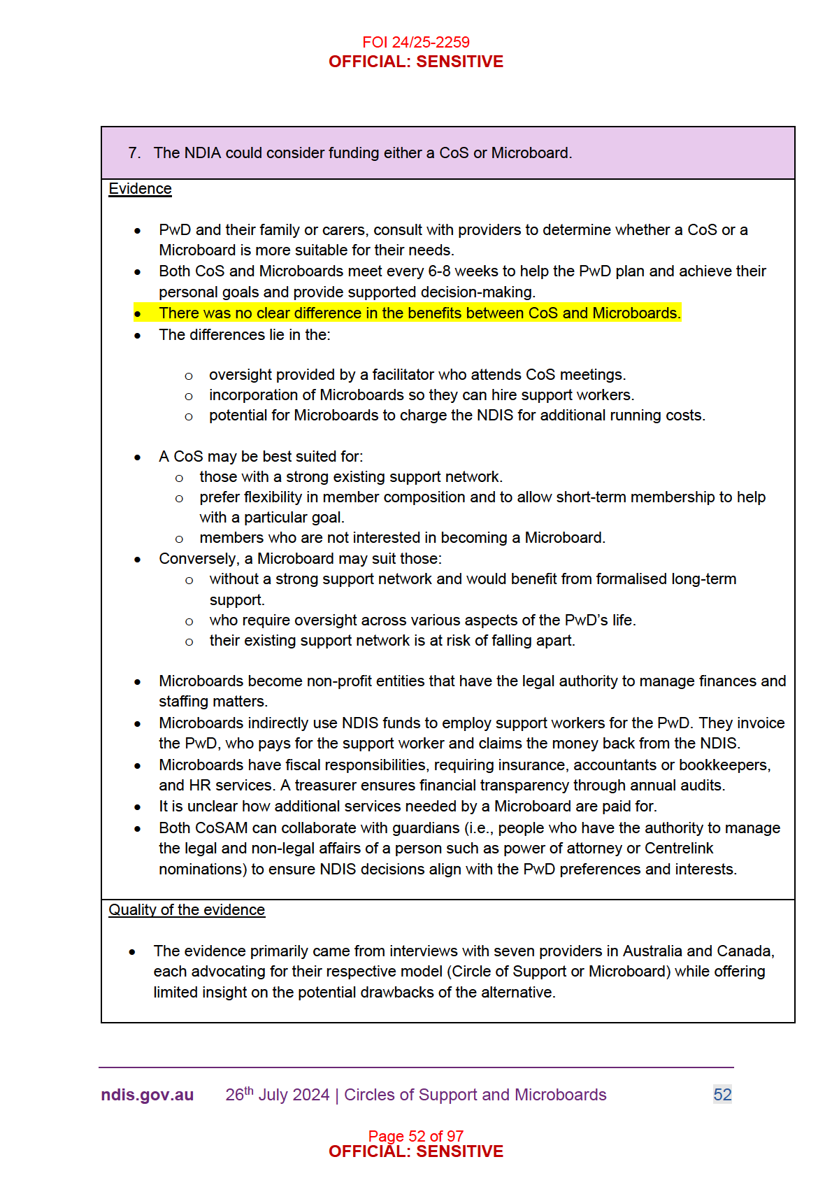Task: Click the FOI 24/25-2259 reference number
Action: pyautogui.click(x=415, y=42)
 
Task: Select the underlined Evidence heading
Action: pyautogui.click(x=140, y=189)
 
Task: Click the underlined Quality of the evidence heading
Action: pyautogui.click(x=187, y=909)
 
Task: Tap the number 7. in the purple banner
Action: pyautogui.click(x=135, y=152)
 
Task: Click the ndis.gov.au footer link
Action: pyautogui.click(x=147, y=1095)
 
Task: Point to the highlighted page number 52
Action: pyautogui.click(x=722, y=1095)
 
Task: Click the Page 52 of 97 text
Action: pyautogui.click(x=415, y=1135)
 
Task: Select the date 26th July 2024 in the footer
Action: pyautogui.click(x=277, y=1095)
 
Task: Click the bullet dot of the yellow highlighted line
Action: pyautogui.click(x=138, y=314)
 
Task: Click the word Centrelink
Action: pyautogui.click(x=679, y=848)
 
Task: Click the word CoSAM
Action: pyautogui.click(x=222, y=828)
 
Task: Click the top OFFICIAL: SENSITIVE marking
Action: pyautogui.click(x=415, y=62)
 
